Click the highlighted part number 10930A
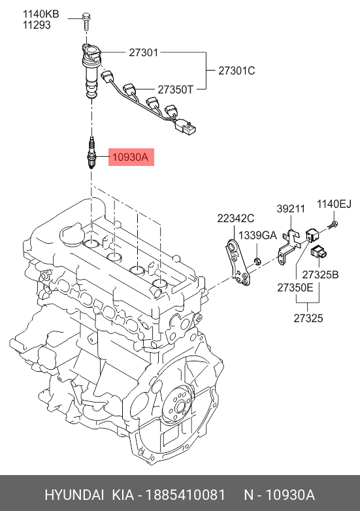tap(130, 157)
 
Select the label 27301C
tap(237, 71)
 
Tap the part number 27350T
tap(176, 90)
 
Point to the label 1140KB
tap(41, 14)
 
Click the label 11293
tap(37, 25)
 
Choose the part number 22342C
tap(236, 218)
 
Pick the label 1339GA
tap(257, 235)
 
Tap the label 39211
tap(291, 208)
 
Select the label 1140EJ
tap(335, 204)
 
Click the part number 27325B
tap(320, 274)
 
